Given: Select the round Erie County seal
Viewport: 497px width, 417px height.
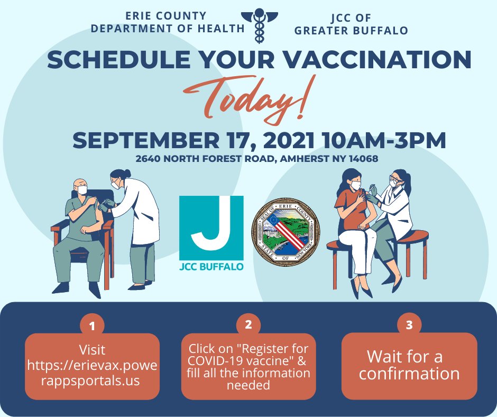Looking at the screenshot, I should click(286, 232).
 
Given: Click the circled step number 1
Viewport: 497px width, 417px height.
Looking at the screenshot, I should click(92, 326).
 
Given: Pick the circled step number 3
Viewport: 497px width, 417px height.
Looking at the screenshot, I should click(409, 325).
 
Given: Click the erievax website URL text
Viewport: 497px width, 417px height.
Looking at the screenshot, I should click(92, 373).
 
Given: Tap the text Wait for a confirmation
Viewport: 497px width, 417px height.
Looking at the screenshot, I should click(409, 365).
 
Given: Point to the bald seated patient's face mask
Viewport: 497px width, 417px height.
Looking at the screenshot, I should click(82, 189).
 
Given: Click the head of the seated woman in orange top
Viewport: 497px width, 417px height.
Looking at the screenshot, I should click(351, 180).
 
